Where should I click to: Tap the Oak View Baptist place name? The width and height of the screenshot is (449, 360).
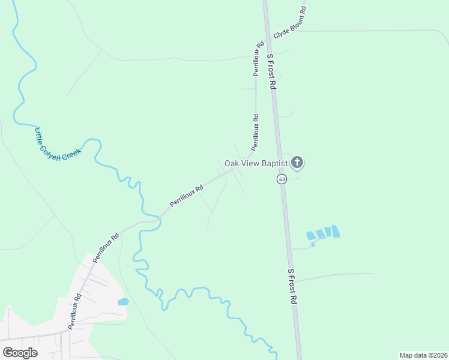coord(256,163)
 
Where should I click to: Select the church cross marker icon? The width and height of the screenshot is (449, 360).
coord(297,162)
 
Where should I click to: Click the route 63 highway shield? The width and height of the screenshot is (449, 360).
coord(282,179)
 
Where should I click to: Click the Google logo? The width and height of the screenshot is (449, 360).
coord(20,353)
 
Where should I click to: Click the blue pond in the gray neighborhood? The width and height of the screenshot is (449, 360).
coord(123,302)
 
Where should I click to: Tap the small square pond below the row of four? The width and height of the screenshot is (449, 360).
coord(313,244)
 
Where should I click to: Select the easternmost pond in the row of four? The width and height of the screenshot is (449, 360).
coord(336,230)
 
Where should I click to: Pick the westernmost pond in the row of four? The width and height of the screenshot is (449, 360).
coord(310,236)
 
